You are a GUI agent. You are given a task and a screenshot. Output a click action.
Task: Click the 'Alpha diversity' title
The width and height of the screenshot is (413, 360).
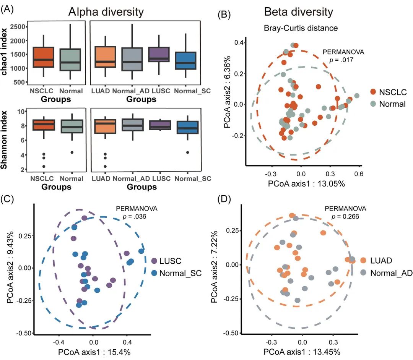106,12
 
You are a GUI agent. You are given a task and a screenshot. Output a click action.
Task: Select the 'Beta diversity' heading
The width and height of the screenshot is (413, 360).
299,12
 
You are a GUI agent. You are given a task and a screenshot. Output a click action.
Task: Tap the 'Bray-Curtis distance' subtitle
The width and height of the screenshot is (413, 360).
299,28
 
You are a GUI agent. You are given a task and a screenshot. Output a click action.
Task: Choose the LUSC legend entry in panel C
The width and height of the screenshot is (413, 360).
170,261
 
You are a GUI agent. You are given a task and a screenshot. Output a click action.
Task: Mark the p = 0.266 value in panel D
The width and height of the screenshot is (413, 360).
345,217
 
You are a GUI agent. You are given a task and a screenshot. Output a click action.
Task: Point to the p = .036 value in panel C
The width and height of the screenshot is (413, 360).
137,217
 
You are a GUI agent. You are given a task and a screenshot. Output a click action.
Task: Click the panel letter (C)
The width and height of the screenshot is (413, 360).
9,199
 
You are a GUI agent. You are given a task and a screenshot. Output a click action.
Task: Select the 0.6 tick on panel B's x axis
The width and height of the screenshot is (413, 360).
359,175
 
